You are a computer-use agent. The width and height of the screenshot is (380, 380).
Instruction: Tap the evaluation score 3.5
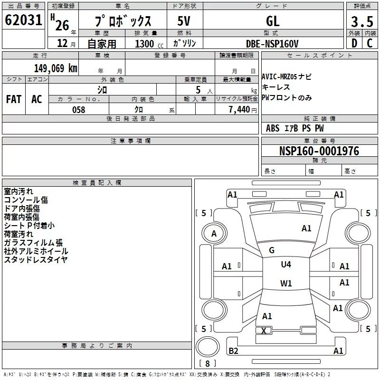click(x=362, y=21)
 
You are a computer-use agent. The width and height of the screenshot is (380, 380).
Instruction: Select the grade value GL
click(x=273, y=21)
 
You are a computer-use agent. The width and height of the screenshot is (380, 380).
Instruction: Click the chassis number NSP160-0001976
click(x=319, y=151)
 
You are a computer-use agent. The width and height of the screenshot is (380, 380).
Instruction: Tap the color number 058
click(x=78, y=110)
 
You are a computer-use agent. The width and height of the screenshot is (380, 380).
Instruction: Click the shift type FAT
click(x=14, y=99)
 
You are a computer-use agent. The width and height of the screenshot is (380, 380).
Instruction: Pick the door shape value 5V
click(x=184, y=21)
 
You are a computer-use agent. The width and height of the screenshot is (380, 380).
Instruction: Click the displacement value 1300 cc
click(x=147, y=44)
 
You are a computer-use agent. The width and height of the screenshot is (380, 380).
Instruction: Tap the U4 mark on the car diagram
click(x=286, y=265)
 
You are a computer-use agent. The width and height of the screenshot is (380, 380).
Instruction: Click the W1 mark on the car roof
click(x=286, y=284)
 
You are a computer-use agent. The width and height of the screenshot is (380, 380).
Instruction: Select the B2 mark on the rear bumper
click(x=233, y=351)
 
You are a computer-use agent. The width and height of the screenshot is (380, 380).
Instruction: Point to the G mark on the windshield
click(x=272, y=250)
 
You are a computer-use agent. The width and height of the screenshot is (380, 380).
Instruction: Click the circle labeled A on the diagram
click(x=214, y=233)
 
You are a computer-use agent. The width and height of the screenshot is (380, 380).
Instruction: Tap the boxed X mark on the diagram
click(x=264, y=331)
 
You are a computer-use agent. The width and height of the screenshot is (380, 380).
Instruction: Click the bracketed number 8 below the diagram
click(x=207, y=364)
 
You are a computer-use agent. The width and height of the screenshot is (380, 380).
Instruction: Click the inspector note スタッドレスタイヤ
click(x=36, y=259)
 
